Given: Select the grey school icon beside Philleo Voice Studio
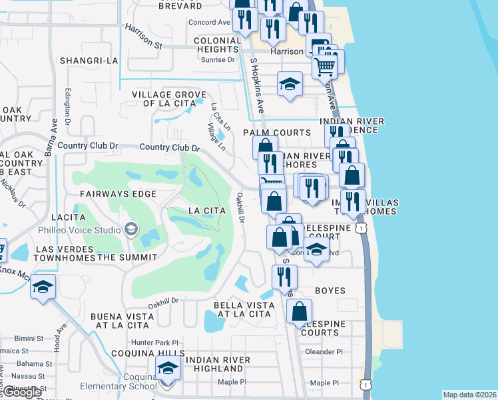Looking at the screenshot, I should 131,230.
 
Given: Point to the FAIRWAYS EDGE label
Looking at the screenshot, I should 118,194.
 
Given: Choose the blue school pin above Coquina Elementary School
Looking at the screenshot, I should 168,369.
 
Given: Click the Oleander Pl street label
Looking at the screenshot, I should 324,351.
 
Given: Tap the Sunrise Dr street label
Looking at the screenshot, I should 218,59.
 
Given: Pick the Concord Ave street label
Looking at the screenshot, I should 209,22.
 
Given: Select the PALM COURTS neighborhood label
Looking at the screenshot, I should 276,133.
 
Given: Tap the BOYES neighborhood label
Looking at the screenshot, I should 327,291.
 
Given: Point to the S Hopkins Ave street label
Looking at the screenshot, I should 258,85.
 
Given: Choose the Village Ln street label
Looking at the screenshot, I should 216,137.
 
